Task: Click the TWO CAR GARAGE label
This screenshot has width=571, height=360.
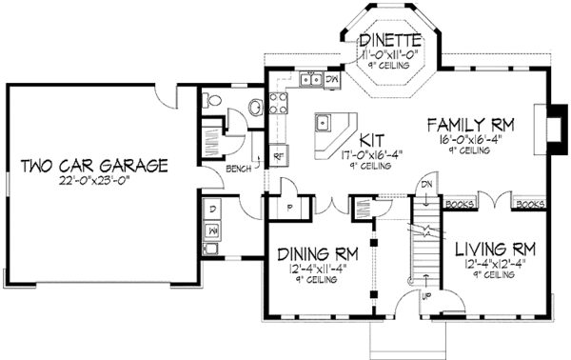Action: click(94, 166)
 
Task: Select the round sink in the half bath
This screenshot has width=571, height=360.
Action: click(254, 107)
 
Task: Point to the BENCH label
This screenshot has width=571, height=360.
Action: click(238, 170)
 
